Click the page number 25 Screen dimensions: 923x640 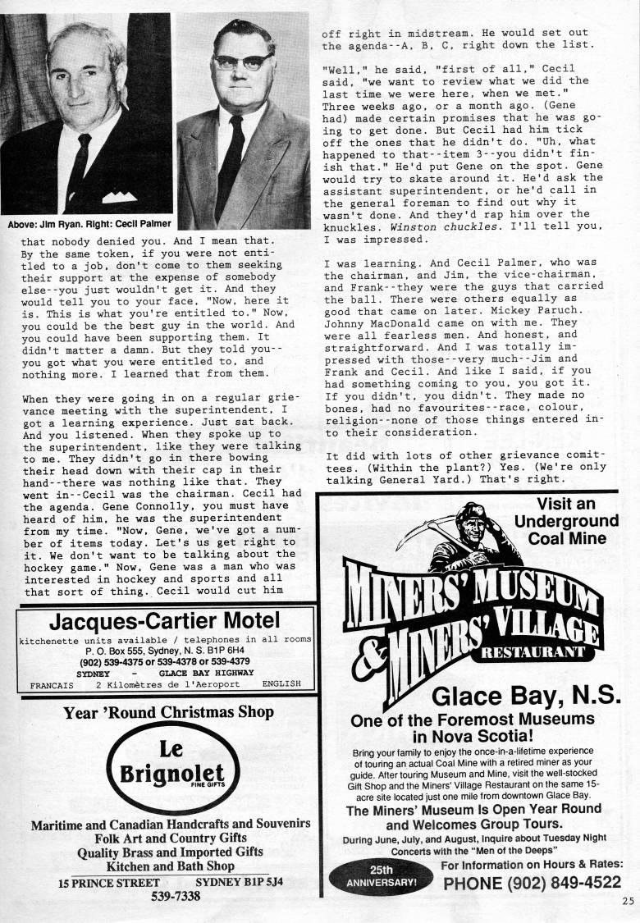pyautogui.click(x=628, y=899)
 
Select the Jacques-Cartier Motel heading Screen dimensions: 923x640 pyautogui.click(x=164, y=620)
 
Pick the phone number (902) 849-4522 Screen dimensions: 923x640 pyautogui.click(x=532, y=883)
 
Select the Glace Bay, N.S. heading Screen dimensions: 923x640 pyautogui.click(x=526, y=696)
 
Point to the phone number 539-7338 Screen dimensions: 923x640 pyautogui.click(x=176, y=896)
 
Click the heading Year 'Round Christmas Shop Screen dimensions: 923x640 pyautogui.click(x=169, y=712)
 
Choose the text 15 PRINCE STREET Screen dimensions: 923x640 pyautogui.click(x=109, y=883)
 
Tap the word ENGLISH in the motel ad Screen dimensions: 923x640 pyautogui.click(x=281, y=683)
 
